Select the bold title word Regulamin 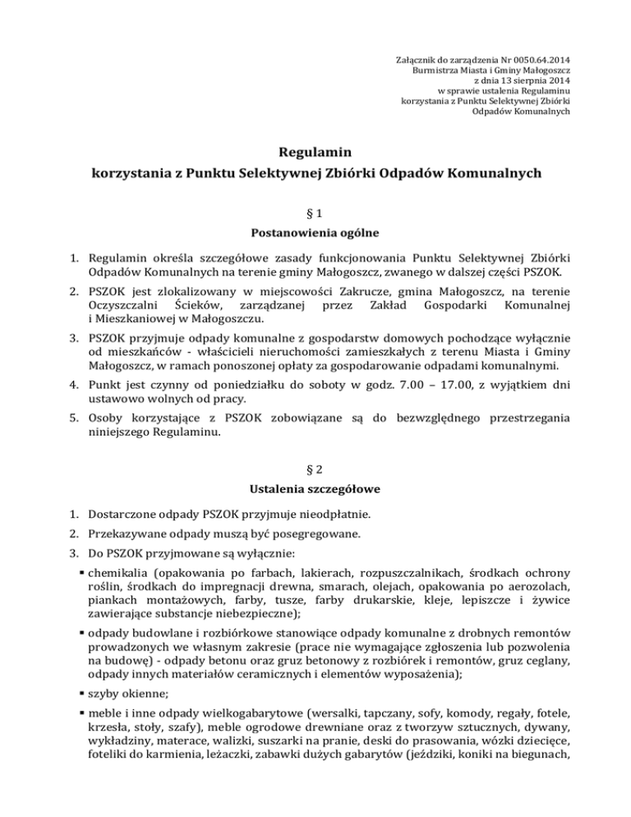pos(315,152)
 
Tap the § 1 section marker pos(315,212)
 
